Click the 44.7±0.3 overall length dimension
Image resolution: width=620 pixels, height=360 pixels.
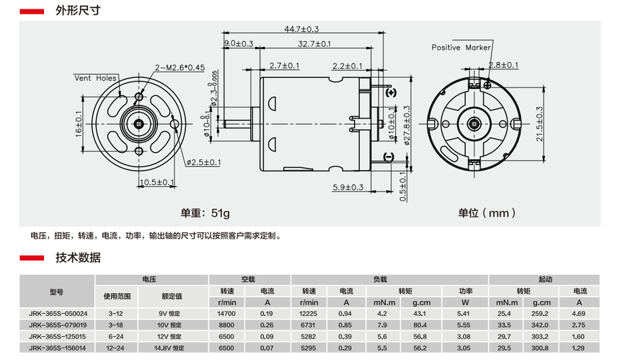click(301, 29)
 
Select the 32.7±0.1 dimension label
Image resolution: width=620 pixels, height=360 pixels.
click(314, 44)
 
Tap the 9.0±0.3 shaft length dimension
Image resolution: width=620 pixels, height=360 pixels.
click(239, 44)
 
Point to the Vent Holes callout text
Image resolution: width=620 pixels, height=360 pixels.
click(95, 77)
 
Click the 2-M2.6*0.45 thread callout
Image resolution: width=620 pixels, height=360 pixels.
click(180, 68)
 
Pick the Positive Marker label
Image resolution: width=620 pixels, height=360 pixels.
click(461, 48)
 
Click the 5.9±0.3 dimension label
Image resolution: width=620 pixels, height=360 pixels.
click(347, 188)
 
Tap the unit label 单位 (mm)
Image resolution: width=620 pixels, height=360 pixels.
click(487, 213)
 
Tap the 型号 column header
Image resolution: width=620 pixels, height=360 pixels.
click(57, 292)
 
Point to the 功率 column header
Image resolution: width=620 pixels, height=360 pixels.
click(464, 290)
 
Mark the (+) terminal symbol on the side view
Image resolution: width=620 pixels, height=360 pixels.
click(390, 93)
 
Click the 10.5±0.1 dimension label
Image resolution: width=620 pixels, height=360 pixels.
click(157, 182)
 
